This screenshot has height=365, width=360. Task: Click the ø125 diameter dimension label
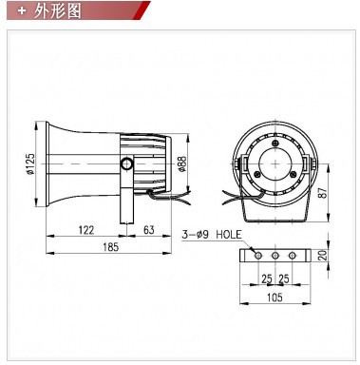pos(30,163)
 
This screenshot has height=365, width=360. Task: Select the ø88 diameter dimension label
pos(182,163)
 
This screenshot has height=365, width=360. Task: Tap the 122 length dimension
pos(86,230)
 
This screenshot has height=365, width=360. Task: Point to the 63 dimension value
pos(149,229)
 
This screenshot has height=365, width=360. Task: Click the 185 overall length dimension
pos(110,246)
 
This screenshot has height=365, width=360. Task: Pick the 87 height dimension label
pos(323,193)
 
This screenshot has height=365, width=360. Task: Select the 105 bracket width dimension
pos(275,298)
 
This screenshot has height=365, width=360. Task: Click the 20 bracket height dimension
pos(322,255)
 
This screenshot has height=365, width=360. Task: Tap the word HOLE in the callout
pos(229,235)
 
